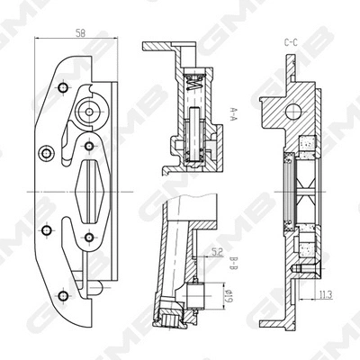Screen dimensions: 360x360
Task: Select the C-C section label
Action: (x=291, y=41)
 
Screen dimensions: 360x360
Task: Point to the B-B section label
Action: (x=232, y=264)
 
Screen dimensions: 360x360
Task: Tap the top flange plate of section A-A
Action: (x=171, y=47)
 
